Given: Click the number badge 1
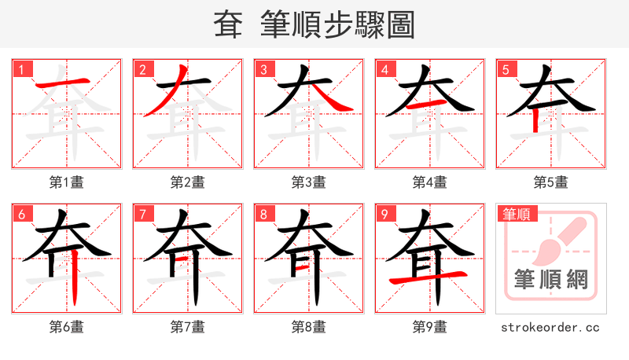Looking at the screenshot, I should (x=20, y=69).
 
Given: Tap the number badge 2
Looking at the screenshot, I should (x=142, y=69).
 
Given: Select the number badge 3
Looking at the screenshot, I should (x=263, y=69).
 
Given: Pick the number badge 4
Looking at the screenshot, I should (x=384, y=69).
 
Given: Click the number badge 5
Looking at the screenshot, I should (x=505, y=69).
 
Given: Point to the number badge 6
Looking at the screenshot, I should (x=20, y=214).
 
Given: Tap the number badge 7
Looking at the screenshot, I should (x=142, y=214).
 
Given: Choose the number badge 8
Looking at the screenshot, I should (x=263, y=214).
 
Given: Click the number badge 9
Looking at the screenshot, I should (x=384, y=214).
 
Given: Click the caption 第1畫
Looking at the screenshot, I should (x=66, y=182).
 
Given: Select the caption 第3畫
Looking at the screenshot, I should (x=308, y=182).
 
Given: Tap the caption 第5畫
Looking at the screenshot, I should (x=550, y=182).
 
